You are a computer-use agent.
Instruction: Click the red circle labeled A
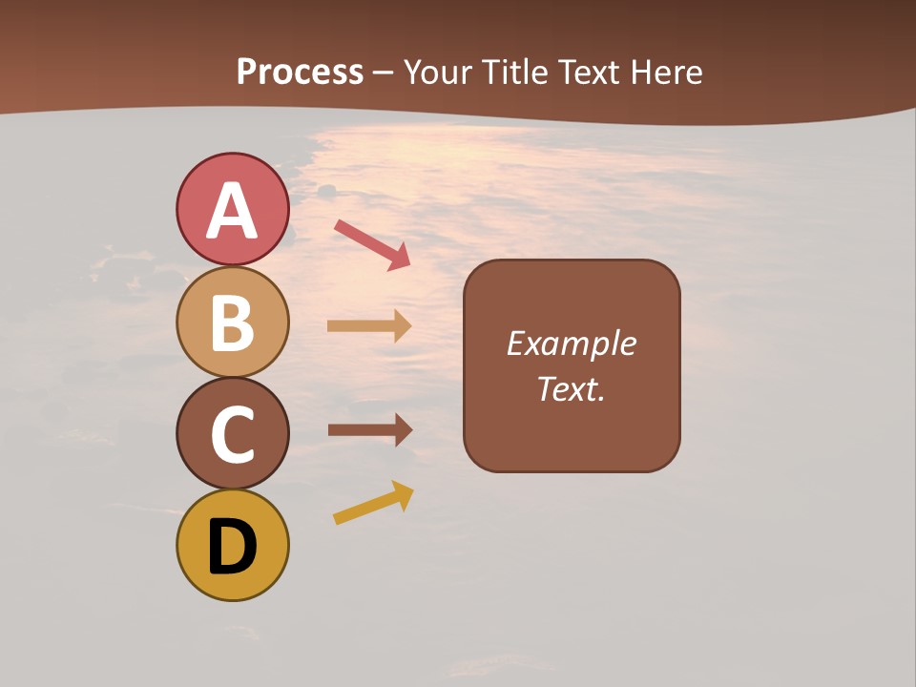click(x=233, y=209)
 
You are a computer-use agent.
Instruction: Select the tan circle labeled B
click(x=233, y=322)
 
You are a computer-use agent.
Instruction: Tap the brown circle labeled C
click(x=233, y=433)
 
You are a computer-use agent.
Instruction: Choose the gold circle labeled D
click(x=233, y=545)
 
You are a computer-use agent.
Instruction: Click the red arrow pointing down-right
click(x=372, y=244)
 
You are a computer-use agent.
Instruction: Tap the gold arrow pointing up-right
click(x=373, y=503)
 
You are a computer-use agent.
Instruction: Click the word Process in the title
click(x=300, y=73)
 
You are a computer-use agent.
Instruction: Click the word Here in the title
click(x=667, y=73)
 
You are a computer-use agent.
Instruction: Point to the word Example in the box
click(x=571, y=343)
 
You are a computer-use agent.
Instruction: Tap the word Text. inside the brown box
click(x=571, y=389)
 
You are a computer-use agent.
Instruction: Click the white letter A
click(x=233, y=211)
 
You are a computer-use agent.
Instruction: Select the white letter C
click(x=233, y=435)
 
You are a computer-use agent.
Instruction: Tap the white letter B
click(x=233, y=323)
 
